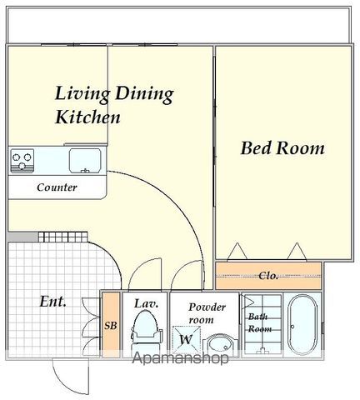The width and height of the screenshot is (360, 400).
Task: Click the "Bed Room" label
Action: tap(282, 148)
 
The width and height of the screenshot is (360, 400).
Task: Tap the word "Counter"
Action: tap(57, 187)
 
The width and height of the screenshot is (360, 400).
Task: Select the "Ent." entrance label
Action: tap(52, 301)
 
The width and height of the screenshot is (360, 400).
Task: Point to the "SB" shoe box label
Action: tap(111, 325)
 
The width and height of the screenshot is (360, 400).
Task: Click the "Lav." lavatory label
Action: tap(147, 303)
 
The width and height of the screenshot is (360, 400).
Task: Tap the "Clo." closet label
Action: tap(268, 275)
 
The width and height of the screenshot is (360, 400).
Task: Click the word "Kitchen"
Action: tap(87, 117)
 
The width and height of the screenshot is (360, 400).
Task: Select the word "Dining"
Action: tap(144, 94)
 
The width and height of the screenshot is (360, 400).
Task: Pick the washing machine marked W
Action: tap(187, 339)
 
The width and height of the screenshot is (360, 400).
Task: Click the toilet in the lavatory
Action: tap(147, 332)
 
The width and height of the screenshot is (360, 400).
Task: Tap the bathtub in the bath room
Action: tap(302, 324)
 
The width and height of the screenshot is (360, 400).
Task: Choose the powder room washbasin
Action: tap(221, 345)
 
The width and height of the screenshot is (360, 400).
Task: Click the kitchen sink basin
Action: tap(85, 161)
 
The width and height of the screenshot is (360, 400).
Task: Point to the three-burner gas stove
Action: tap(22, 161)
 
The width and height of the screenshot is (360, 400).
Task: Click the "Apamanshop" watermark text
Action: tap(180, 358)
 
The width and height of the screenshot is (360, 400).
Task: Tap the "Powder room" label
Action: tap(207, 313)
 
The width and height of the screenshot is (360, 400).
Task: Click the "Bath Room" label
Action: tap(260, 322)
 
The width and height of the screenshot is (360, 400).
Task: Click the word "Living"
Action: tap(82, 94)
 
